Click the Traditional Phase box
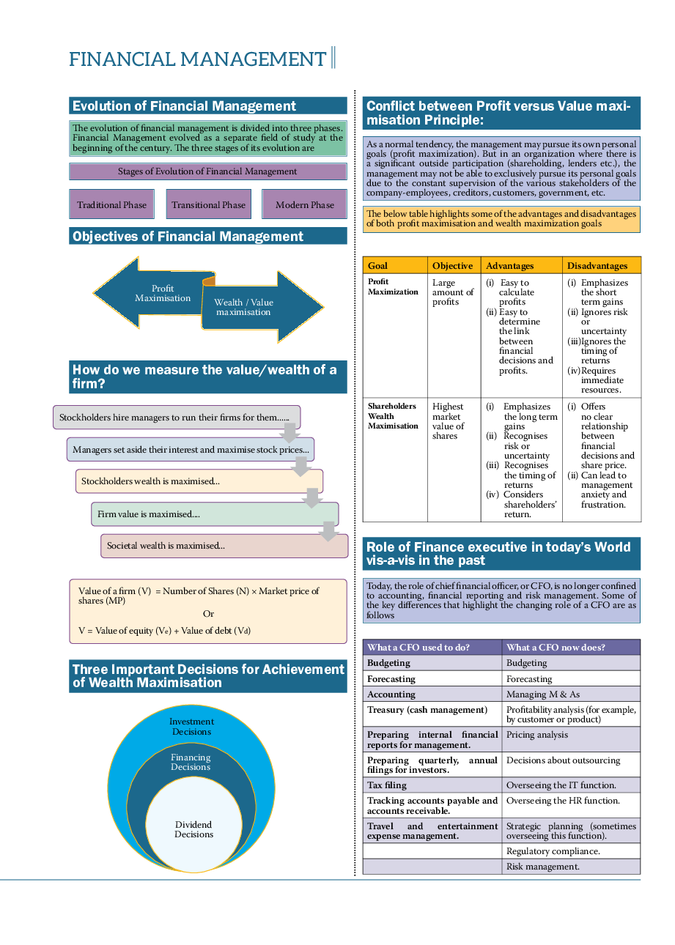coord(112,204)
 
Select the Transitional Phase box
coord(208,204)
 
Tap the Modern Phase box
coord(304,204)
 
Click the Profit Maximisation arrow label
coord(163,293)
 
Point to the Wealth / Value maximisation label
coord(243,307)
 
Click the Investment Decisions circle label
coord(191,727)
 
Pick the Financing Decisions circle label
coord(191,763)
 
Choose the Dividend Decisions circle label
coord(193,829)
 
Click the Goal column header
coord(395,266)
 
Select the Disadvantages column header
coord(601,266)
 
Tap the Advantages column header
coord(522,266)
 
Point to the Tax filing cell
coord(432,785)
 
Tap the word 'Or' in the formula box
coord(208,614)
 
